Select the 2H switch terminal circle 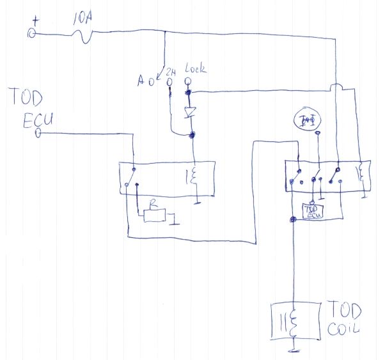click(x=170, y=82)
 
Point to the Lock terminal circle click(x=189, y=81)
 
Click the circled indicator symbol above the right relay click(x=310, y=120)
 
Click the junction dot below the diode click(x=193, y=134)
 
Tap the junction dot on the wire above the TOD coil click(x=293, y=219)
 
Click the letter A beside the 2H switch click(x=143, y=81)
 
